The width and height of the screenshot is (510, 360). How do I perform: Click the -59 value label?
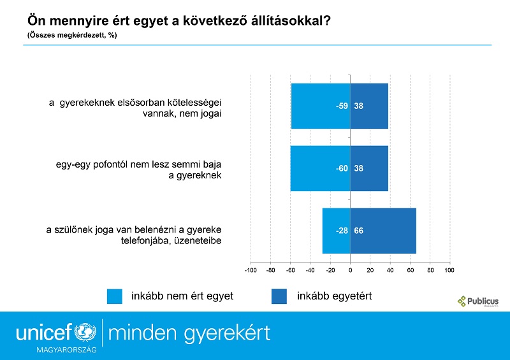point(342,106)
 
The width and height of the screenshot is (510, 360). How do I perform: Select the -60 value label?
point(342,168)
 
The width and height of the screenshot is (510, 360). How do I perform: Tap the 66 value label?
point(358,231)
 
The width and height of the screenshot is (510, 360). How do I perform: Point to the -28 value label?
point(342,231)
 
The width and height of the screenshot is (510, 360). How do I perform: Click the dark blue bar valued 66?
point(383,231)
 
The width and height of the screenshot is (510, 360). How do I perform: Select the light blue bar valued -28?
point(337,231)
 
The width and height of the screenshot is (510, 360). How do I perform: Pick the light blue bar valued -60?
point(321,168)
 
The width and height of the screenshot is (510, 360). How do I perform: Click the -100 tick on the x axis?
point(251,270)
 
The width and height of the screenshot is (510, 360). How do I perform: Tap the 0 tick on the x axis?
point(350,270)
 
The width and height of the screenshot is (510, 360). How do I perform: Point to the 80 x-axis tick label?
point(430,270)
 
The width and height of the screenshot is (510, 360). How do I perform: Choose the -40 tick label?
point(310,270)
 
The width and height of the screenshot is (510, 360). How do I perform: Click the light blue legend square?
point(115,296)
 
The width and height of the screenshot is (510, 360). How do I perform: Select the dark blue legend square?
point(279,296)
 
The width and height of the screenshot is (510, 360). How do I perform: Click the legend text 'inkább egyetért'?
point(334,296)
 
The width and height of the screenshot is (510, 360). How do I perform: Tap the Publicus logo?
point(477,301)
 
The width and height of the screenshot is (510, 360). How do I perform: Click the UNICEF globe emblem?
point(85,333)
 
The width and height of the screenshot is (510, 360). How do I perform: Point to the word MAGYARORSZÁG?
point(67,350)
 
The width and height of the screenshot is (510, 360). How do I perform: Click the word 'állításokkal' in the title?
point(291,21)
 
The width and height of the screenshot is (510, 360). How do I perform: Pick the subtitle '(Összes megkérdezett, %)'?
point(72,35)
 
